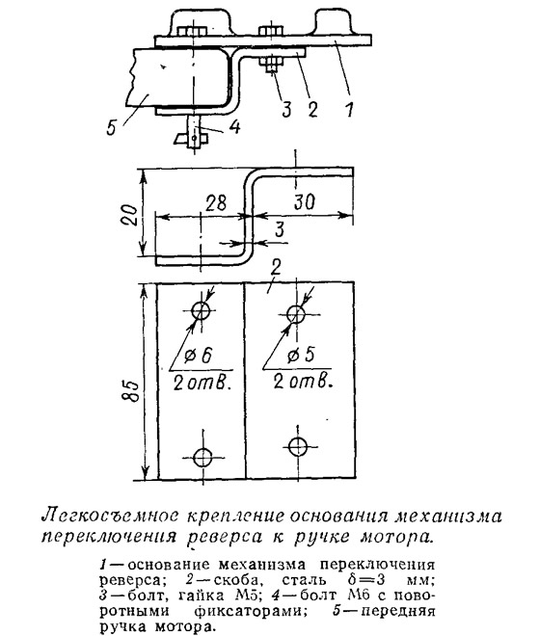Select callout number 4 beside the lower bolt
234,126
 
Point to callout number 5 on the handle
112,126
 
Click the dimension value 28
216,202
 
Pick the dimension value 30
304,201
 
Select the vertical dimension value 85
131,390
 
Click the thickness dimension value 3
280,229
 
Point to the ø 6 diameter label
198,356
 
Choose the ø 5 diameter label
300,356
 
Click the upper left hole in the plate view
201,311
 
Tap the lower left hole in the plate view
202,458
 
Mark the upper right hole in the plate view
296,313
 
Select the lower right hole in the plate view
298,446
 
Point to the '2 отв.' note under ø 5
303,382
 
